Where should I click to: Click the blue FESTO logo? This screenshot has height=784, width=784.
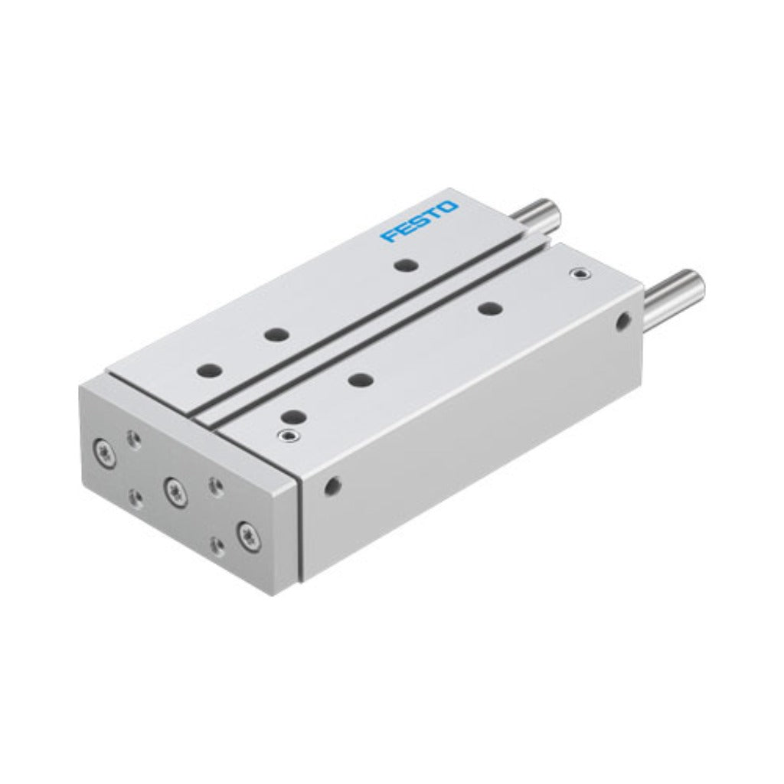click(x=419, y=221)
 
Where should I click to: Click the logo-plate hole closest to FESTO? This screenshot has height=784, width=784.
click(x=404, y=265)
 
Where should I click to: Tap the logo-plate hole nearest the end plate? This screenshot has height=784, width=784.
click(x=210, y=371)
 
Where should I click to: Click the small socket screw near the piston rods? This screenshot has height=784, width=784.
click(x=580, y=273)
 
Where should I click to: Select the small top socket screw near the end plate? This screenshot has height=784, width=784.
click(x=287, y=435)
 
